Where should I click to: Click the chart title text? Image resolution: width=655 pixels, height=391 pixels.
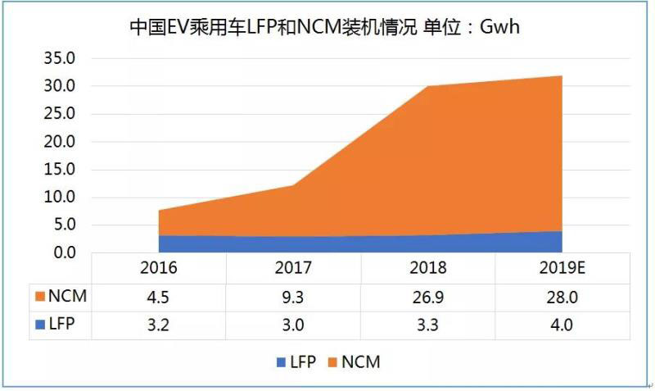pyautogui.click(x=326, y=28)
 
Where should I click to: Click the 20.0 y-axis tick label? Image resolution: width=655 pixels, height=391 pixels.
pyautogui.click(x=58, y=142)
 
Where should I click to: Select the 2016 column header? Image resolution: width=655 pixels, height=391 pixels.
pyautogui.click(x=158, y=268)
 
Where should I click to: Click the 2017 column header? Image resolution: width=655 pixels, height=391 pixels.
pyautogui.click(x=292, y=268)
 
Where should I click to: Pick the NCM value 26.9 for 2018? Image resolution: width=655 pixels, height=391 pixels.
pyautogui.click(x=427, y=296)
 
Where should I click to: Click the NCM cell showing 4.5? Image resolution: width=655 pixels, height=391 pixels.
pyautogui.click(x=158, y=296)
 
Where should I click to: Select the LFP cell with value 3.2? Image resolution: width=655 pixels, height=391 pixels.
pyautogui.click(x=158, y=324)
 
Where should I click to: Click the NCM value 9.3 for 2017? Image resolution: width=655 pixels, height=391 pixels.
pyautogui.click(x=292, y=296)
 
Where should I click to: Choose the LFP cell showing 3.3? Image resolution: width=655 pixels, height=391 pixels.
pyautogui.click(x=427, y=324)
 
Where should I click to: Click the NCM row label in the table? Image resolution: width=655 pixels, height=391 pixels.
pyautogui.click(x=63, y=296)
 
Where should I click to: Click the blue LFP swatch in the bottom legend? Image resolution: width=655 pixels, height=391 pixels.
pyautogui.click(x=281, y=361)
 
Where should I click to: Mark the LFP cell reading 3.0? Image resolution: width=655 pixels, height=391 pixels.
pyautogui.click(x=292, y=324)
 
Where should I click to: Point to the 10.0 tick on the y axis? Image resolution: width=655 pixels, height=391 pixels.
pyautogui.click(x=58, y=197)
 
